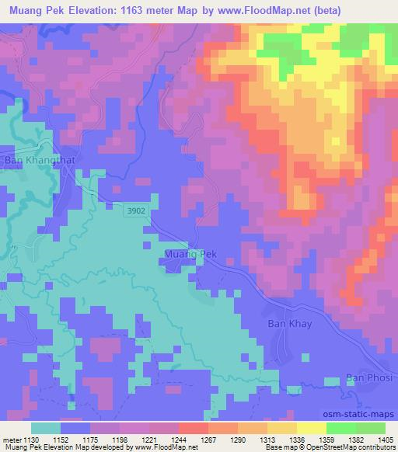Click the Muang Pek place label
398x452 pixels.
pyautogui.click(x=190, y=254)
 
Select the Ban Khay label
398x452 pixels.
pyautogui.click(x=285, y=323)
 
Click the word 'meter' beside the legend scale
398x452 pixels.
pyautogui.click(x=11, y=439)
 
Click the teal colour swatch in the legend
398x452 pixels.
pyautogui.click(x=46, y=427)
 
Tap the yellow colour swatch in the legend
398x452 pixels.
pyautogui.click(x=310, y=427)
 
